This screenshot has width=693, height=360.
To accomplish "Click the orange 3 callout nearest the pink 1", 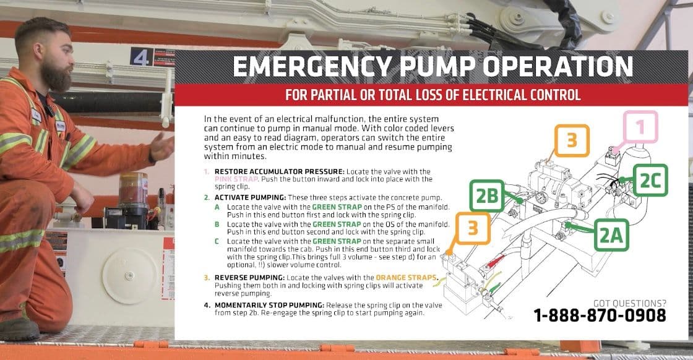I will coord(572,140).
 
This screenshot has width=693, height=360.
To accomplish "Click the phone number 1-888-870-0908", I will coord(600,315).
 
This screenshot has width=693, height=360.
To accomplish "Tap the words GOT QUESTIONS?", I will coord(629,303).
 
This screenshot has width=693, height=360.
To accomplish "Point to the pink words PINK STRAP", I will coord(236,179).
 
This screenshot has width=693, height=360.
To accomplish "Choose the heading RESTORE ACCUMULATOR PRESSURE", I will coord(279,171).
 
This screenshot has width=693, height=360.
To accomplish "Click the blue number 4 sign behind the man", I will coord(141,57).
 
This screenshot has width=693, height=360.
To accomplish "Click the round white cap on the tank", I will coord(130,276).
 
